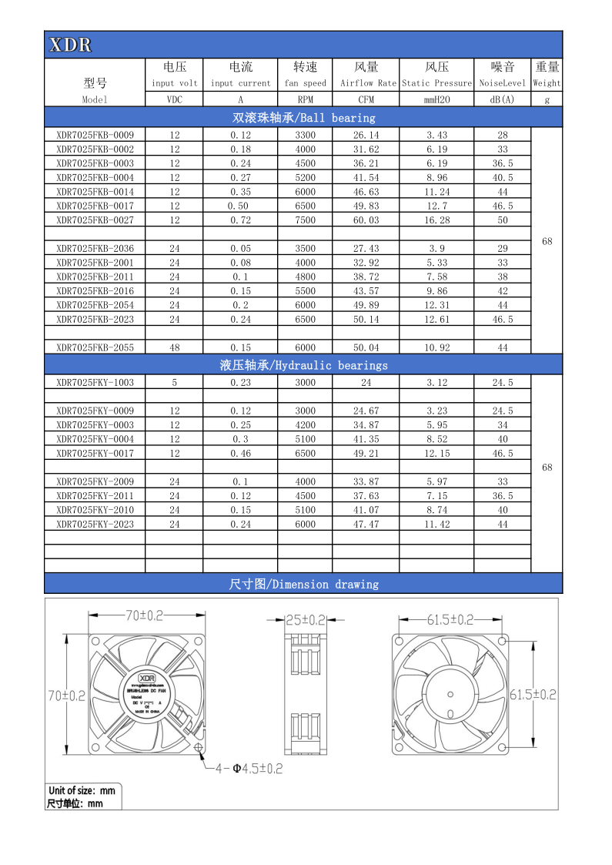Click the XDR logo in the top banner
pyautogui.click(x=70, y=45)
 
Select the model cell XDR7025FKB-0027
pyautogui.click(x=95, y=220)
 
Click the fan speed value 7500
pyautogui.click(x=306, y=220)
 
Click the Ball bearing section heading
pyautogui.click(x=303, y=118)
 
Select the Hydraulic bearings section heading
pyautogui.click(x=303, y=365)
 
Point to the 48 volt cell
pyautogui.click(x=175, y=347)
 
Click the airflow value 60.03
pyautogui.click(x=366, y=220)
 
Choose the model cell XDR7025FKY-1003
pyautogui.click(x=95, y=382)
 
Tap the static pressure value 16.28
pyautogui.click(x=436, y=220)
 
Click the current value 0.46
pyautogui.click(x=240, y=454)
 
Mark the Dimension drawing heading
pyautogui.click(x=303, y=584)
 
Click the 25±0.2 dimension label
pyautogui.click(x=306, y=619)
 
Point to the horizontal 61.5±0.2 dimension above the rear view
pyautogui.click(x=450, y=619)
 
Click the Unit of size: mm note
pyautogui.click(x=81, y=790)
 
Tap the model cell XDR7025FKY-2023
pyautogui.click(x=95, y=524)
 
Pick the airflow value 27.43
pyautogui.click(x=366, y=248)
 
